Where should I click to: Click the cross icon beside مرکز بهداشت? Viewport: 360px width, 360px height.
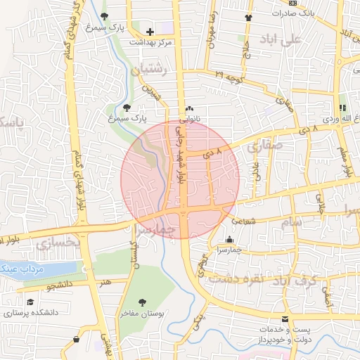149,32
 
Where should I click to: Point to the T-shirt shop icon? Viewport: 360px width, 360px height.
247,18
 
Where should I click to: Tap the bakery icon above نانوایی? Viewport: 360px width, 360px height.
189,109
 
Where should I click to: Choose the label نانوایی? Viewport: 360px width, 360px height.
189,120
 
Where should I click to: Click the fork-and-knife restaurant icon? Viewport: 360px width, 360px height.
342,108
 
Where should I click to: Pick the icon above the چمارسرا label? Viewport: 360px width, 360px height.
230,239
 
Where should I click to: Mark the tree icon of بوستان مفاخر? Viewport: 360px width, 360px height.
143,303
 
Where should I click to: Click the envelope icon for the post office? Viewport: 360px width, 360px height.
285,319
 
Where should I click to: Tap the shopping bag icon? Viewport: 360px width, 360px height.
76,340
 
